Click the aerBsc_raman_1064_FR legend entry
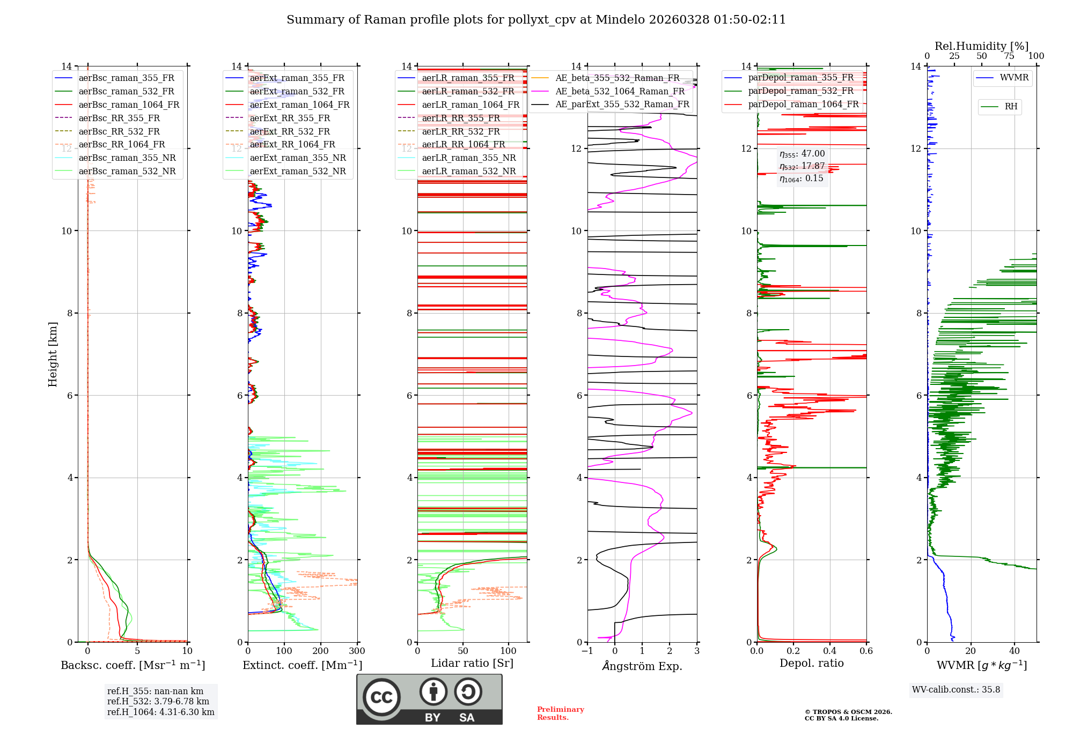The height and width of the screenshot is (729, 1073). (129, 105)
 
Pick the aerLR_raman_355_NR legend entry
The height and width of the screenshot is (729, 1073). (468, 158)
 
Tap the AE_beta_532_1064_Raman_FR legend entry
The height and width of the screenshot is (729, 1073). (620, 91)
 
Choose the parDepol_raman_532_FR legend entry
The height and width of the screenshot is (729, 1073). (800, 91)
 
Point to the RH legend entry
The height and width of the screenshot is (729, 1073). (1011, 107)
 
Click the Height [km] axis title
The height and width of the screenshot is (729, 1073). (53, 354)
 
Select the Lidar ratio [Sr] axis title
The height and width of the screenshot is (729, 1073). (472, 663)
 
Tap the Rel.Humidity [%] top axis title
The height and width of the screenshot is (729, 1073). (981, 46)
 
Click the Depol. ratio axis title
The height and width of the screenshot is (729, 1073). (811, 663)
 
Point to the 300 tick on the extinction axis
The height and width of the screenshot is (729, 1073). (357, 651)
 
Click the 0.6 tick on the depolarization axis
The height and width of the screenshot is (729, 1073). (866, 651)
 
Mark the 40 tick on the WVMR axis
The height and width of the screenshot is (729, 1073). (1014, 651)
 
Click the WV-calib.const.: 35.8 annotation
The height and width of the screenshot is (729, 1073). (956, 690)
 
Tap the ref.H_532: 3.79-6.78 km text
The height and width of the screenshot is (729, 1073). (158, 702)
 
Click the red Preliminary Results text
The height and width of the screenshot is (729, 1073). (560, 713)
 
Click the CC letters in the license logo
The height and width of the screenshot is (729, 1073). (381, 697)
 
